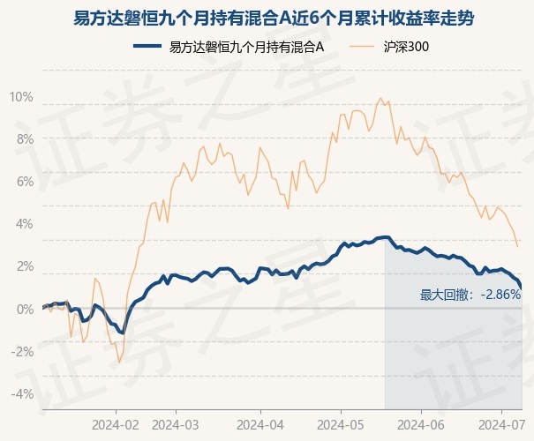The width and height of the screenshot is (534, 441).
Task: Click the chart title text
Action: (x=274, y=18)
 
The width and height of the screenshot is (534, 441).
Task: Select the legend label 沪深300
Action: (x=406, y=47)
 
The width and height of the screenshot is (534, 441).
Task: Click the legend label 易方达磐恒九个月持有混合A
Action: (x=246, y=47)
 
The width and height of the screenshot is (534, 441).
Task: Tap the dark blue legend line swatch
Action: (x=147, y=46)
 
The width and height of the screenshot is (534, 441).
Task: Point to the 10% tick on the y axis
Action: (x=21, y=97)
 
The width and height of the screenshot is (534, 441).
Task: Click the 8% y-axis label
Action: (x=26, y=139)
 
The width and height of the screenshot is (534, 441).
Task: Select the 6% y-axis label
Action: (x=26, y=182)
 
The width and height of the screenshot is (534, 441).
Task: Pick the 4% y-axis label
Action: (x=26, y=224)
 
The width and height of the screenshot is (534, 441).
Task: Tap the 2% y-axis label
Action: (x=26, y=266)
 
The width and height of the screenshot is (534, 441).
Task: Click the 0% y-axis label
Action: (x=26, y=310)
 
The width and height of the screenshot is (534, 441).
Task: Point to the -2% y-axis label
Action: (x=23, y=352)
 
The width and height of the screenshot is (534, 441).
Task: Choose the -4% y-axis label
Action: (x=23, y=394)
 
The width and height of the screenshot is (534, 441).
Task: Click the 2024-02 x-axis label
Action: (x=116, y=425)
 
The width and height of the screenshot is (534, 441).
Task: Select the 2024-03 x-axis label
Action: (x=176, y=425)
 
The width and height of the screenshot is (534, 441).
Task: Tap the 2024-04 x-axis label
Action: (x=260, y=425)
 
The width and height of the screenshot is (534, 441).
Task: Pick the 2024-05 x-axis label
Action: (x=341, y=425)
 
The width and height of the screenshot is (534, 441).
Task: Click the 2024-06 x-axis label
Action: (x=421, y=425)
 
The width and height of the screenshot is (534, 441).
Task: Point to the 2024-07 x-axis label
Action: (x=501, y=425)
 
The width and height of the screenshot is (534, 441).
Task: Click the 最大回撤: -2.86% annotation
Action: (x=470, y=295)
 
